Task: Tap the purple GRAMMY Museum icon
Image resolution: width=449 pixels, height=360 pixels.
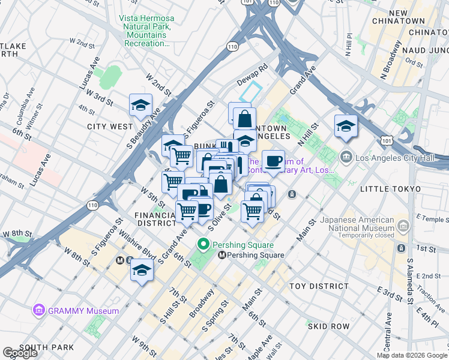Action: click(39, 310)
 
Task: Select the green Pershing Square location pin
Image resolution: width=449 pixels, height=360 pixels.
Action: click(203, 245)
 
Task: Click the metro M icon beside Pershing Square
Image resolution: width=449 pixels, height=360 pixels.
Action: click(222, 255)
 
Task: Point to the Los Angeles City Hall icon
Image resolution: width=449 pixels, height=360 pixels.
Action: click(346, 158)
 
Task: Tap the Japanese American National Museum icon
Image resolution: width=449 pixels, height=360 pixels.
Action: click(403, 226)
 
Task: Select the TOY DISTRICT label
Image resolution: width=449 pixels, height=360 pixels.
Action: click(318, 287)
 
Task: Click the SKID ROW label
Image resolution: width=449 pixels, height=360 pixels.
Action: click(328, 326)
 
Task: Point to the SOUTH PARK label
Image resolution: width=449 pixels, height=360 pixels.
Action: click(47, 347)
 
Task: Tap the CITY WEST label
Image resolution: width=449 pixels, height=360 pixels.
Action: click(110, 127)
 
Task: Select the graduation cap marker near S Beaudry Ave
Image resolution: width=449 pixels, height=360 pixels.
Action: click(140, 106)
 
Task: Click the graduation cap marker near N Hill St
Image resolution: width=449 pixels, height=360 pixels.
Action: click(346, 126)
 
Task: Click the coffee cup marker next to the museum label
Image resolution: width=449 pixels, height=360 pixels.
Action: click(274, 161)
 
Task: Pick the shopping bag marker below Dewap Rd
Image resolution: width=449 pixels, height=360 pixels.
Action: click(245, 118)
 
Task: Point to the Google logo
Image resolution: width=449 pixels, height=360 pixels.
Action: click(20, 353)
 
